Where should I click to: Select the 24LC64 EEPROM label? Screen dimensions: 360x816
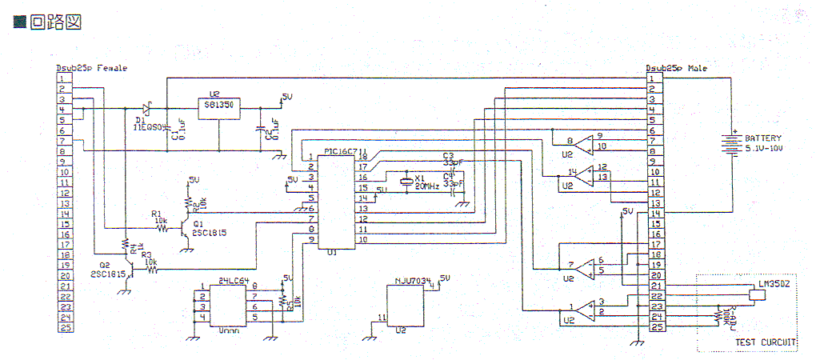coord(232,281)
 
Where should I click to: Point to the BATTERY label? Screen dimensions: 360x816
coord(762,138)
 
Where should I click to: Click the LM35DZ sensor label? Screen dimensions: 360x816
coord(774,285)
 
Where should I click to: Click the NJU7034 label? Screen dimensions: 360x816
coord(413,281)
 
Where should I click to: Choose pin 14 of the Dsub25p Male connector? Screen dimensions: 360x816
coord(653,213)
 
